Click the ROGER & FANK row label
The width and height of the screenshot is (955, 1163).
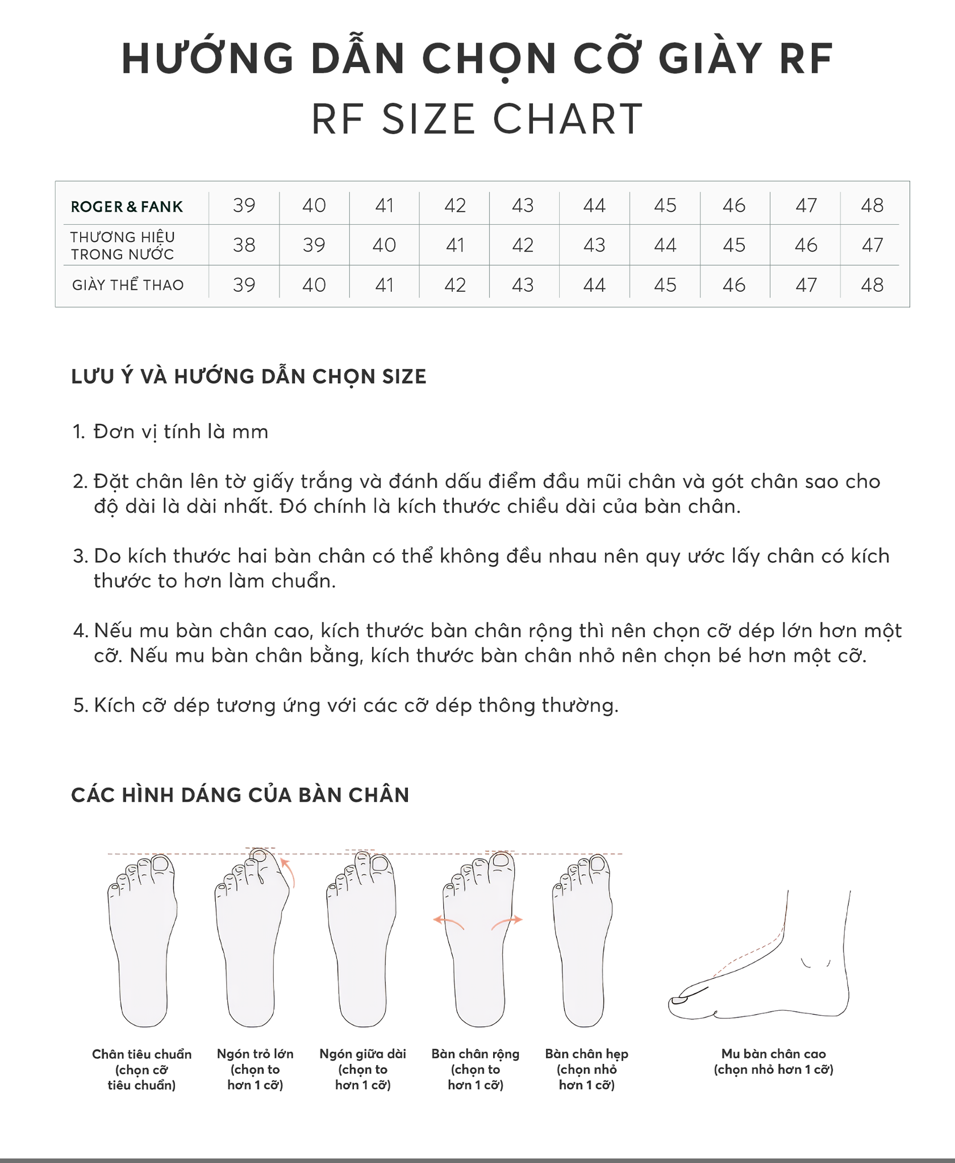click(127, 207)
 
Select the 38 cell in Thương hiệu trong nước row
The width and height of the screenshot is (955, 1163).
click(244, 245)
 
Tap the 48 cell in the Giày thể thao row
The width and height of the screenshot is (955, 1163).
click(872, 285)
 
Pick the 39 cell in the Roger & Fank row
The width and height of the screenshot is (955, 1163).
click(244, 205)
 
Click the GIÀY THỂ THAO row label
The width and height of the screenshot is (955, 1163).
click(128, 285)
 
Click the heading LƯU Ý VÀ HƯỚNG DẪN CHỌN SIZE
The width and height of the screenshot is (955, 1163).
click(249, 376)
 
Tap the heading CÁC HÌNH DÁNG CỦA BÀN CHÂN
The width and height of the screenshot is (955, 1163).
click(240, 795)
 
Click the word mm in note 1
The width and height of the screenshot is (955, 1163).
click(250, 432)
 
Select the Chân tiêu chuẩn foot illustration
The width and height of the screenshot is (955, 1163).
click(142, 940)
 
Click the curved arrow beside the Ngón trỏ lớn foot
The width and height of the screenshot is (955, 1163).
click(289, 872)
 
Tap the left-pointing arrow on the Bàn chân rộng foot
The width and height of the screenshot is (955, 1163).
click(449, 922)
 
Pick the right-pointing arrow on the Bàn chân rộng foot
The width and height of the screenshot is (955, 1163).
click(507, 922)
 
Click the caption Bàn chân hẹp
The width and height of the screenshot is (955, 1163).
click(587, 1054)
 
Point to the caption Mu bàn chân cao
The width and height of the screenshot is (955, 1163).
click(774, 1054)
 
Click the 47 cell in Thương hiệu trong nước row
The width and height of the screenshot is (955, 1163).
click(872, 245)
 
